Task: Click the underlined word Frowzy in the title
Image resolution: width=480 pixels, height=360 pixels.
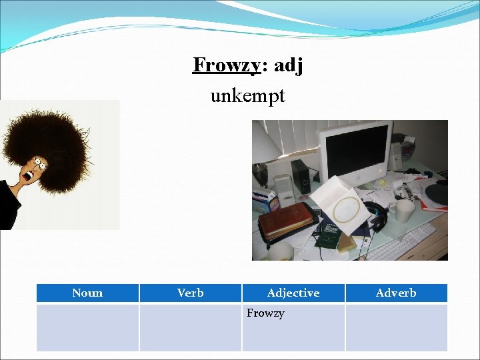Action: (225, 66)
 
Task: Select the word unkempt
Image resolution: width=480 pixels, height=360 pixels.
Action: (247, 96)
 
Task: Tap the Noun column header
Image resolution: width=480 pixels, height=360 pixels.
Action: (87, 293)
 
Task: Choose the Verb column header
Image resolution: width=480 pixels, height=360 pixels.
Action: (190, 293)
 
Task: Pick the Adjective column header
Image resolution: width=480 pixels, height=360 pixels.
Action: (293, 293)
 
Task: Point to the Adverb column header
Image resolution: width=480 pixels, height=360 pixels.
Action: (395, 293)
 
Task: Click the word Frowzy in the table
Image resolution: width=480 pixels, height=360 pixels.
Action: (265, 313)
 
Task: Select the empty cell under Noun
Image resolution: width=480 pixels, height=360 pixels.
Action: (87, 327)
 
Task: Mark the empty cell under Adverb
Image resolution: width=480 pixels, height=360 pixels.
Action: (395, 327)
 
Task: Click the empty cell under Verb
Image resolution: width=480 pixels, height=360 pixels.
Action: (190, 327)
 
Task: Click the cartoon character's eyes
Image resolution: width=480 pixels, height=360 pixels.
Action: (40, 162)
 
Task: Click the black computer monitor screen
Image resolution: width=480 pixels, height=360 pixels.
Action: (353, 151)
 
